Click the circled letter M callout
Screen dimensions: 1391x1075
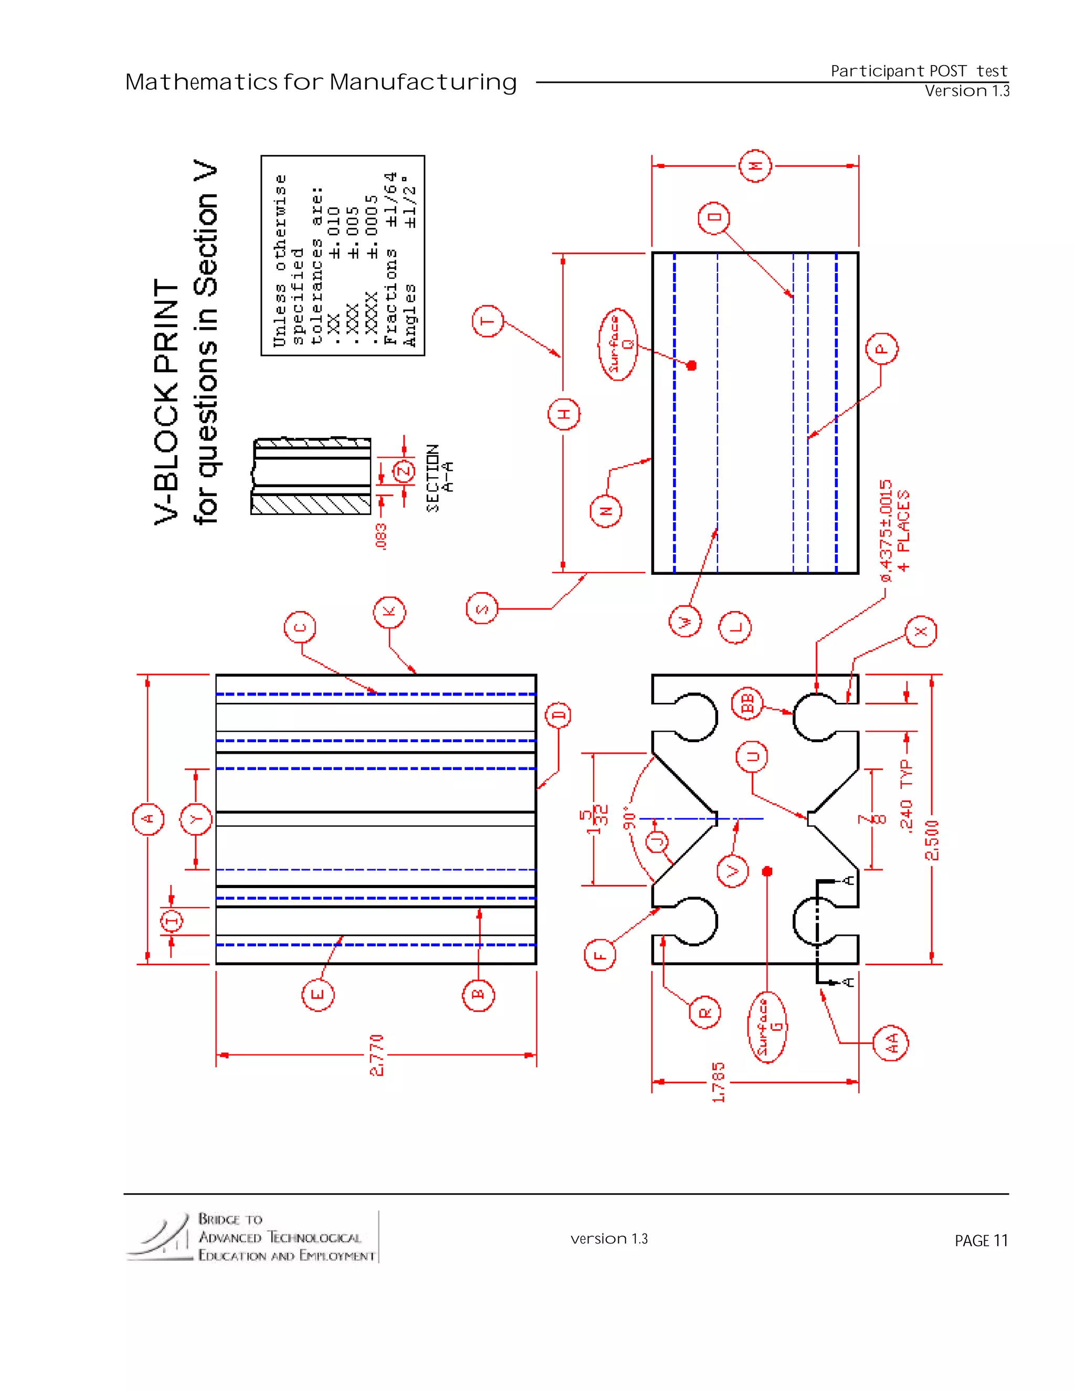755,166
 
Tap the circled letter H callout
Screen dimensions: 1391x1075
564,414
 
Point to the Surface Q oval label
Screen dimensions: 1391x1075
618,344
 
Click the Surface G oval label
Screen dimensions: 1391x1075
767,1027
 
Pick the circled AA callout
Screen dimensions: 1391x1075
890,1042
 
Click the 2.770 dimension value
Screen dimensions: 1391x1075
377,1055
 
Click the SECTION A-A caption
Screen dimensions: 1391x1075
440,478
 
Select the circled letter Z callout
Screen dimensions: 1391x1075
404,472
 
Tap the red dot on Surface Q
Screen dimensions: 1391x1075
692,365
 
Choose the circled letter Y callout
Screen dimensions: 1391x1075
196,819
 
